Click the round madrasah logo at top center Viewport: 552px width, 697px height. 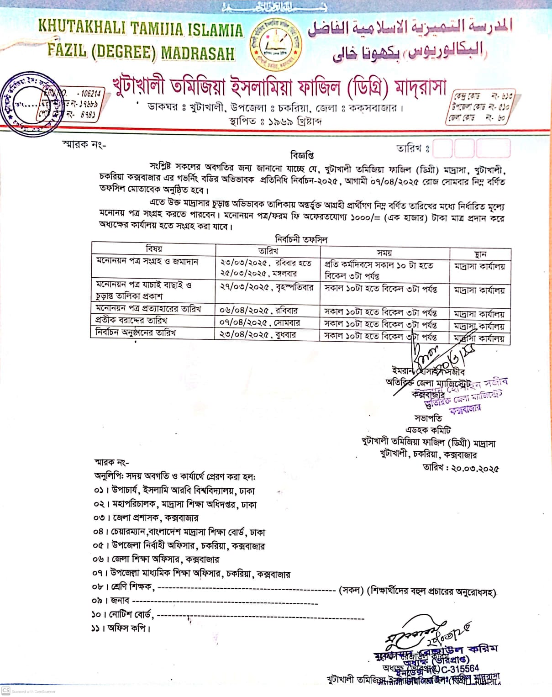click(x=276, y=43)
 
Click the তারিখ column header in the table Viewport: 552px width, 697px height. click(x=268, y=250)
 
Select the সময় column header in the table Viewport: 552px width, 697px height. click(x=384, y=253)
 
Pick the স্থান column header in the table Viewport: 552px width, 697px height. click(x=480, y=254)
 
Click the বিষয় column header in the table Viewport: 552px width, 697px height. click(x=154, y=249)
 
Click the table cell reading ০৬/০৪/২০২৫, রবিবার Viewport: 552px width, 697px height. click(x=259, y=311)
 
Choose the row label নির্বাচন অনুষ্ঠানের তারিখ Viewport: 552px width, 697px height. click(x=136, y=333)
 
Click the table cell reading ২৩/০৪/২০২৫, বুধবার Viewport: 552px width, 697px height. click(x=258, y=335)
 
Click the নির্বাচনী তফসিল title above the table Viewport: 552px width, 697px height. click(x=301, y=239)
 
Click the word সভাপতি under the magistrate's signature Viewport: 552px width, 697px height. click(x=428, y=418)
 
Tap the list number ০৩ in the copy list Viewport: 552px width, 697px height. click(x=99, y=518)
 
